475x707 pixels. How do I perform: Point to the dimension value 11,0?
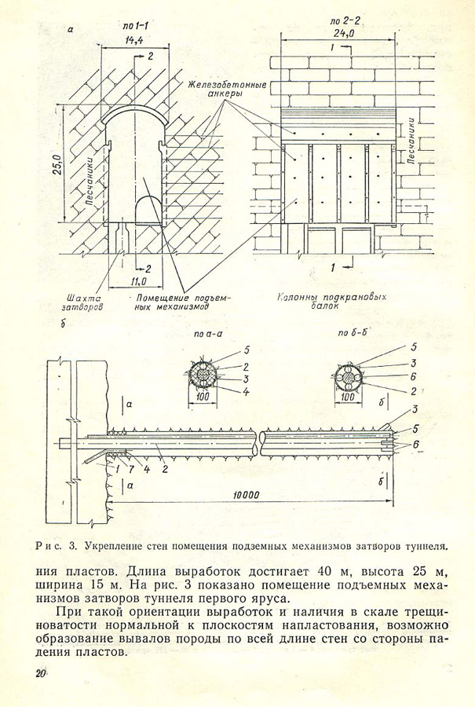point(137,280)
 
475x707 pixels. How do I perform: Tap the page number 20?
point(39,673)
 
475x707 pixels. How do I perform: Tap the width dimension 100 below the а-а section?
point(204,399)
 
